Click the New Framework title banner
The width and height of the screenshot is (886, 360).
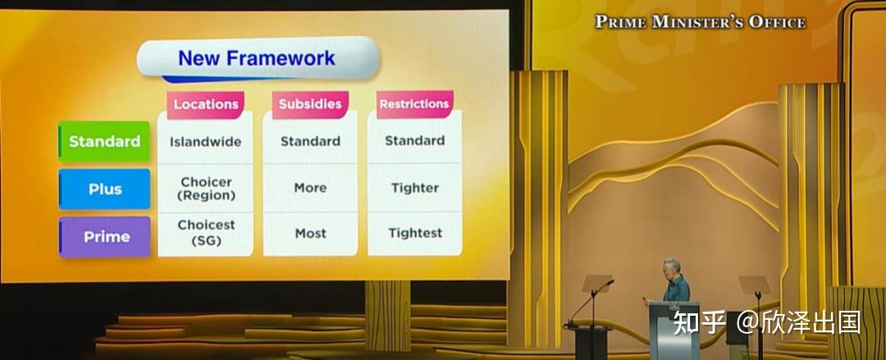pos(258,58)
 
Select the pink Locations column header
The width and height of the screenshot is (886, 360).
pos(206,104)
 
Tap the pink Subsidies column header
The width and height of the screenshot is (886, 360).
pos(310,104)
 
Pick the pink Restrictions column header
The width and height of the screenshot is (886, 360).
pos(415,104)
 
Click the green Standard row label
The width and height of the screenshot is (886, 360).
pos(104,141)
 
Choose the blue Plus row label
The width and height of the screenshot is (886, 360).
pos(105,189)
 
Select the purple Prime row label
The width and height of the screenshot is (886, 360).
pos(106,237)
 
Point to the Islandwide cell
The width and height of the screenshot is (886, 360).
pos(206,141)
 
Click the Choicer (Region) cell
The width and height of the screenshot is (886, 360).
pos(206,189)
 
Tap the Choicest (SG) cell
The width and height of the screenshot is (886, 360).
pos(206,232)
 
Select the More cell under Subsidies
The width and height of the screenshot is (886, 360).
pos(310,188)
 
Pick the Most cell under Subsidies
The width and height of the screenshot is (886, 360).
pos(310,233)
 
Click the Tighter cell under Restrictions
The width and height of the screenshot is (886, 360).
pos(415,188)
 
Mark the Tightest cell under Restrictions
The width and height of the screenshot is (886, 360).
pos(415,232)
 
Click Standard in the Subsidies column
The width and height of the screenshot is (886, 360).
pos(310,141)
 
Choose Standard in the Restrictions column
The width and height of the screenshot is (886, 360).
pos(415,140)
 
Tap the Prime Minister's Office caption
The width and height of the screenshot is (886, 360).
pos(700,22)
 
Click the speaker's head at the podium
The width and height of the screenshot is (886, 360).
pos(671,267)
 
